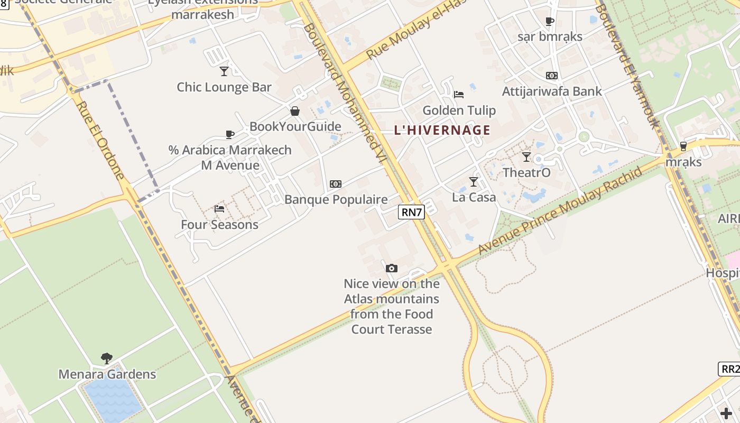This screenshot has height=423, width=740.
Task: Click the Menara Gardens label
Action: point(107,374)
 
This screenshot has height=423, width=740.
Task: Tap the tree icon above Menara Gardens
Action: point(107,358)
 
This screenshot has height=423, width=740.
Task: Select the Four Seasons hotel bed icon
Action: point(219,209)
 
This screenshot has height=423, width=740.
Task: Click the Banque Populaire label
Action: point(336,199)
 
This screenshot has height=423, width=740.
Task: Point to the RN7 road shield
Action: point(412,213)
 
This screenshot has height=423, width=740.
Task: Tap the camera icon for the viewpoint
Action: point(391,268)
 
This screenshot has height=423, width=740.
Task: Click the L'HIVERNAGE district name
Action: point(442,130)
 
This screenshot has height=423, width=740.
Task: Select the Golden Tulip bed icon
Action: point(459,95)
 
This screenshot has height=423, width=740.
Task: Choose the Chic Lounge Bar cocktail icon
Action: point(224,71)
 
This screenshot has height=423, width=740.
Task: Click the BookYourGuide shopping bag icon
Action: point(295,111)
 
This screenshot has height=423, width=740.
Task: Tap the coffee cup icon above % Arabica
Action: point(229,135)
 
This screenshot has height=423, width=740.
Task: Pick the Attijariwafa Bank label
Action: point(551,91)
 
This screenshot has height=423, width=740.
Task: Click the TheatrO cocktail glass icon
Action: point(526,157)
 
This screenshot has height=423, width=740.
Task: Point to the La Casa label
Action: point(474,197)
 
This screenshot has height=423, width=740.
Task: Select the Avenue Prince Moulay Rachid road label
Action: point(561,210)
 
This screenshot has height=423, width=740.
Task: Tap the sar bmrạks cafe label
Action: point(550,36)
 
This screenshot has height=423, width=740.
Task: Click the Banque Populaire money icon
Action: point(335,184)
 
